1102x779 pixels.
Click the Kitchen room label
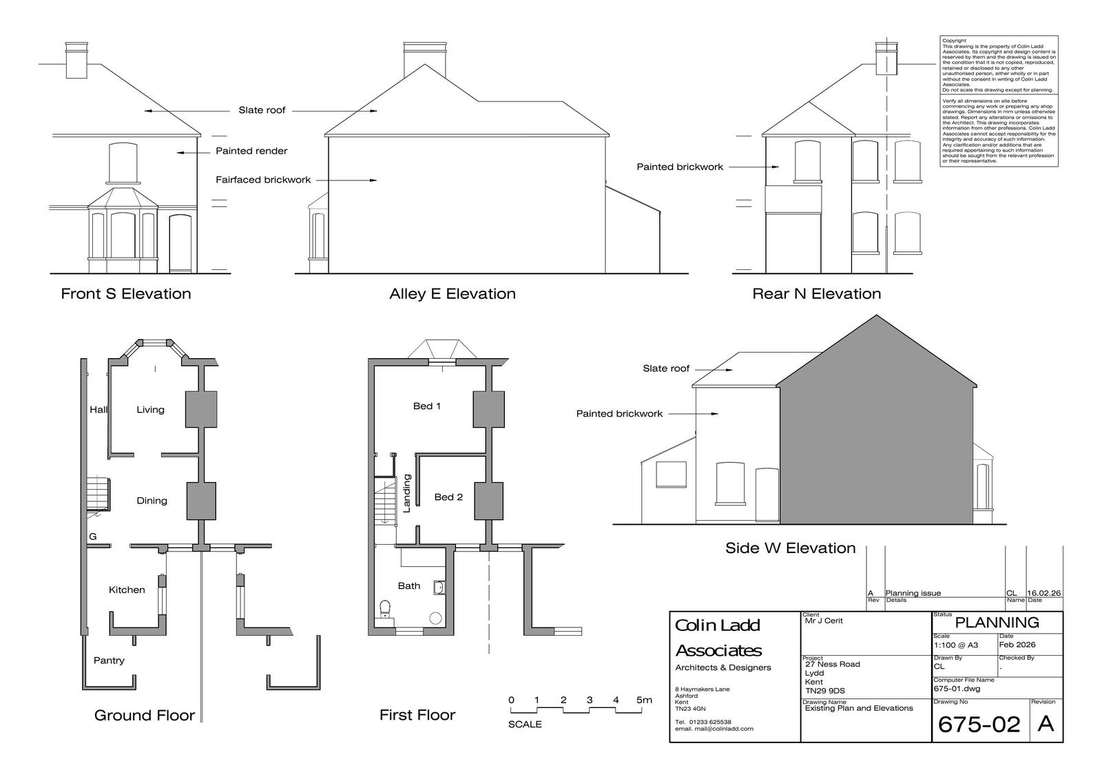click(127, 590)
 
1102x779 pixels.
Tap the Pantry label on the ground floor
click(109, 661)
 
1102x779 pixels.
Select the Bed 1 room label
click(426, 406)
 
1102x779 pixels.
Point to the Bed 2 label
click(448, 497)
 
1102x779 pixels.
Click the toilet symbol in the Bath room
click(385, 608)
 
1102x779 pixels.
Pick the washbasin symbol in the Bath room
click(439, 588)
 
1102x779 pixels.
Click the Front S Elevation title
click(126, 293)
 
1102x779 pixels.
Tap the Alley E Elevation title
click(452, 293)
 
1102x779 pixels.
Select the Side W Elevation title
click(790, 548)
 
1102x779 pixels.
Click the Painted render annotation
click(251, 151)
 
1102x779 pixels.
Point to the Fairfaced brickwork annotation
click(263, 180)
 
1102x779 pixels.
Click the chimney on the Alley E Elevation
click(425, 60)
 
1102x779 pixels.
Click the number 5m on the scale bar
click(644, 700)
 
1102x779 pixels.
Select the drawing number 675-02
click(979, 724)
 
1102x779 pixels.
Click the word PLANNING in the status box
click(997, 623)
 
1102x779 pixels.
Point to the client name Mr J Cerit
click(824, 621)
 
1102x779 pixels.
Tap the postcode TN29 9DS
click(825, 691)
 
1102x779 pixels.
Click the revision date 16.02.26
click(1044, 593)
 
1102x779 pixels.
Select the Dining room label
click(152, 501)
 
